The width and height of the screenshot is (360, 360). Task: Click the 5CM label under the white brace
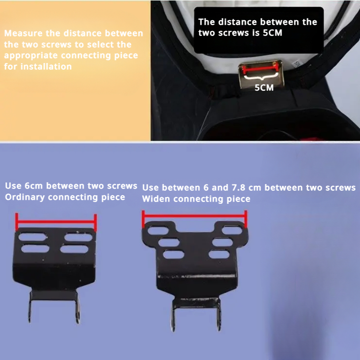[264, 88]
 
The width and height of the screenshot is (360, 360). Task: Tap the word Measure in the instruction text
[23, 33]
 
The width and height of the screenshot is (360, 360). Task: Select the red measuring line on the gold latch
[261, 68]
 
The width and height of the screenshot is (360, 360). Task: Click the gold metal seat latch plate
[261, 74]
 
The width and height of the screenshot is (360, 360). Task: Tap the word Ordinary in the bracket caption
[25, 197]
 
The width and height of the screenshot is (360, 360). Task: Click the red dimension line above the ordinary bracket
[56, 222]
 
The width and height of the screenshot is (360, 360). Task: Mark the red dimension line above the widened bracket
[194, 216]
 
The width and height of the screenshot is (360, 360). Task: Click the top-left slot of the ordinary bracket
[32, 237]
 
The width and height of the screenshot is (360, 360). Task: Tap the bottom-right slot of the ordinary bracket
[74, 249]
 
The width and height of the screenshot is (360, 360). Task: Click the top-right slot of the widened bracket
[232, 230]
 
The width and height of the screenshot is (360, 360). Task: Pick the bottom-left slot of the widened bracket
[174, 254]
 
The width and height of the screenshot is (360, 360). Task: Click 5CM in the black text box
[272, 33]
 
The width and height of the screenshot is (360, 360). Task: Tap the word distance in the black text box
[238, 22]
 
